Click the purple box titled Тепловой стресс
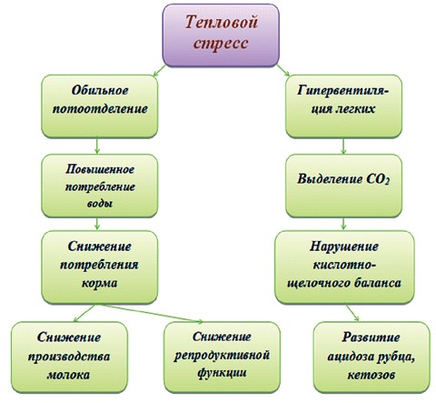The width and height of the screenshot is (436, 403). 221,35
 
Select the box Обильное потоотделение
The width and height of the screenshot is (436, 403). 100,106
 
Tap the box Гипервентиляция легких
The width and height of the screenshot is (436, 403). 343,106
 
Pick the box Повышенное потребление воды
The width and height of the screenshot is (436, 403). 100,186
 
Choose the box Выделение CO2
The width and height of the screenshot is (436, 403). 343,186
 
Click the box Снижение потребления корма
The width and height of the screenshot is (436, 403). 100,267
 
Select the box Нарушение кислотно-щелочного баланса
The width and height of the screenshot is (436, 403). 344,267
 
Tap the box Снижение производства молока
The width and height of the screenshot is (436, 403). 69,358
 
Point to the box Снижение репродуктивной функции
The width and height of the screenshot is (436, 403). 222,358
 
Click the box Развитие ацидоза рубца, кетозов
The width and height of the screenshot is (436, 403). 372,358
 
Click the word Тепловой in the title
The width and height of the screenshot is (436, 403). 222,22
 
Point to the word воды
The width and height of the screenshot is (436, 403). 100,203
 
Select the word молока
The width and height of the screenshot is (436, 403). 69,375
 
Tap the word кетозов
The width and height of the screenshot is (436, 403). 372,375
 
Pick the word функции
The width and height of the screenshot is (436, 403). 222,373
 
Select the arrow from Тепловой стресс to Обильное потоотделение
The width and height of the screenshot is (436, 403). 159,71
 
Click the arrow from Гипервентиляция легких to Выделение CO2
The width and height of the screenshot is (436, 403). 343,146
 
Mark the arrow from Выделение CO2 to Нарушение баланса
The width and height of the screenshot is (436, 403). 343,224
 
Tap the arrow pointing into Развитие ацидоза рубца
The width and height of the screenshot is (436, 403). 352,313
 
